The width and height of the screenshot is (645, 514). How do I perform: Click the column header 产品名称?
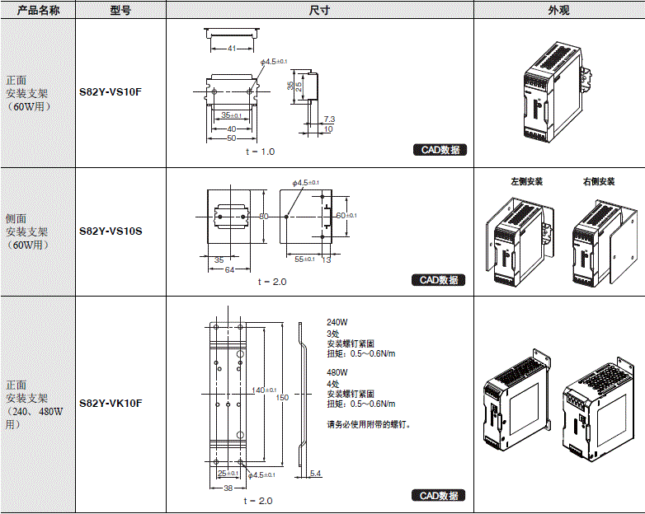(x=37, y=10)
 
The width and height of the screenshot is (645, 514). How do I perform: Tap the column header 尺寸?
(x=319, y=10)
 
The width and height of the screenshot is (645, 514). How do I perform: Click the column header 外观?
(x=558, y=10)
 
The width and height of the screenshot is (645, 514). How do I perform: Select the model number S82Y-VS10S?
(x=111, y=231)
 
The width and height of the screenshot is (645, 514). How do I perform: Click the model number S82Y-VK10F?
(x=111, y=404)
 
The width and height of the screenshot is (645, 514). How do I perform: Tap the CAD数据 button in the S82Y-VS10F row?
(x=440, y=150)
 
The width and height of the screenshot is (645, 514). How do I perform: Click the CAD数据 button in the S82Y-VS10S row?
(x=439, y=280)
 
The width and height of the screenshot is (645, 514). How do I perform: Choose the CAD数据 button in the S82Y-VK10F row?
(x=439, y=496)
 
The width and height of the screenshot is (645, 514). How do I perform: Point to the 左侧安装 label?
(x=527, y=181)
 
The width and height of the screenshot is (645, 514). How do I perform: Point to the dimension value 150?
(x=283, y=398)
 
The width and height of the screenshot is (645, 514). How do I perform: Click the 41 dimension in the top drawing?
(x=232, y=49)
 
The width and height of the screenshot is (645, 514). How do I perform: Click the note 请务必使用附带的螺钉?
(x=369, y=425)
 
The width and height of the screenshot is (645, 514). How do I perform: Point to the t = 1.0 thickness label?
(x=260, y=152)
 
